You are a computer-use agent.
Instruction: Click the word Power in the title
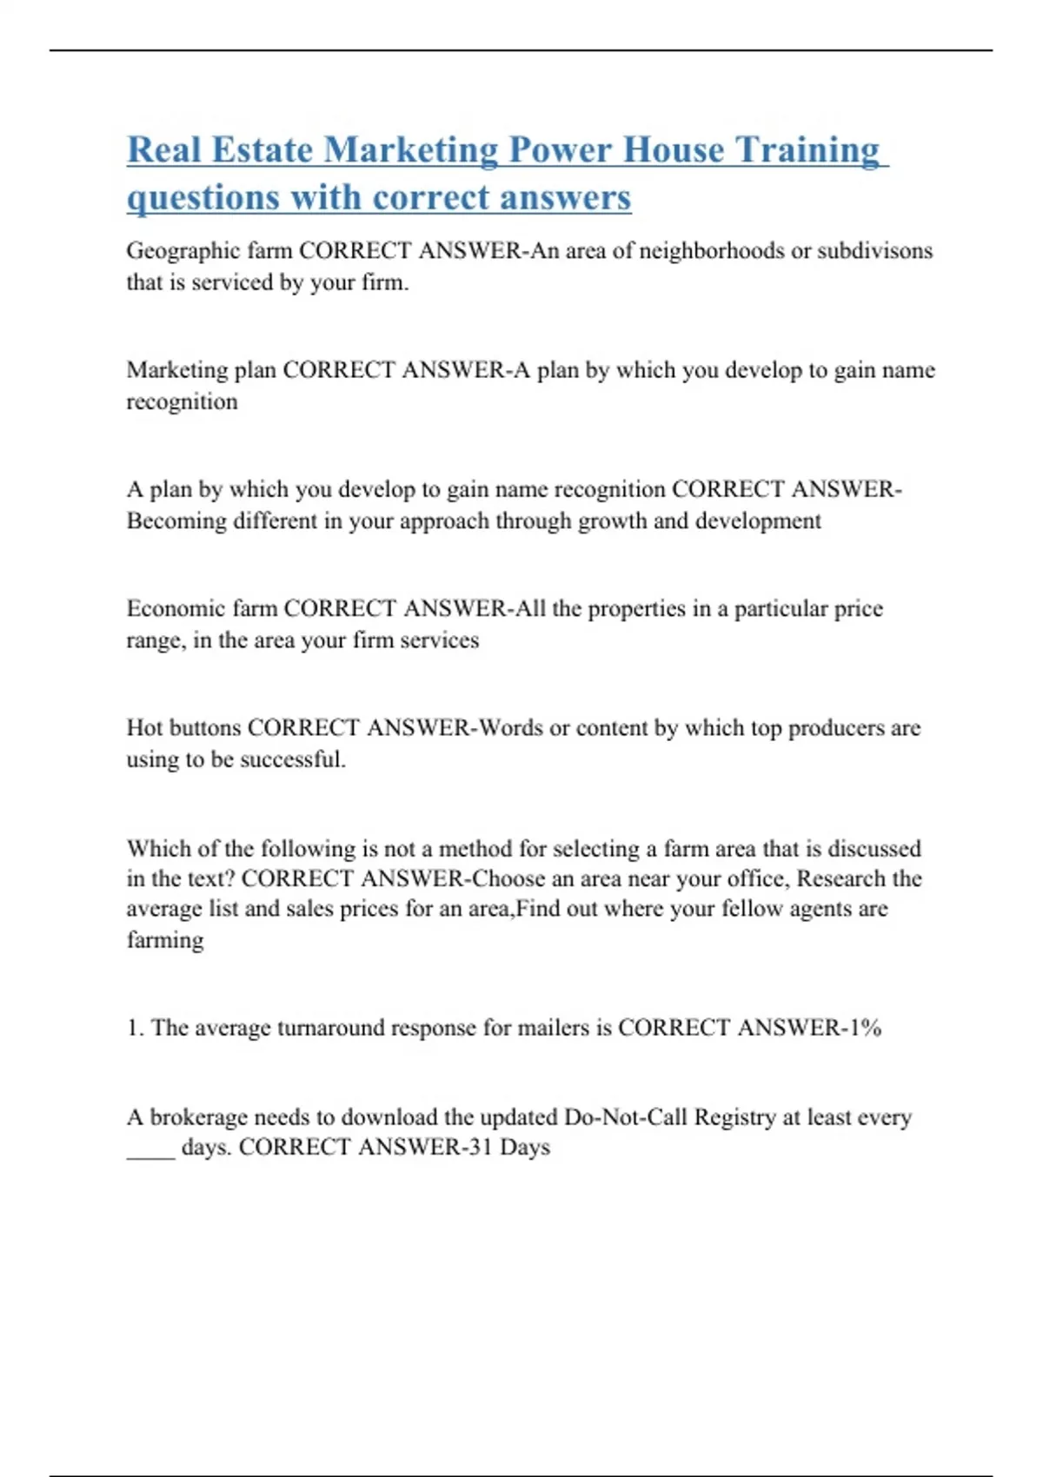coord(561,149)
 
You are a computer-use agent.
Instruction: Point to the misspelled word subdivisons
coord(875,251)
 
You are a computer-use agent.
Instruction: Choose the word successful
coord(292,759)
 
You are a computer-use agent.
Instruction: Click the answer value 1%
coord(865,1028)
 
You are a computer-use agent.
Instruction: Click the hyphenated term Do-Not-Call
coord(625,1116)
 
